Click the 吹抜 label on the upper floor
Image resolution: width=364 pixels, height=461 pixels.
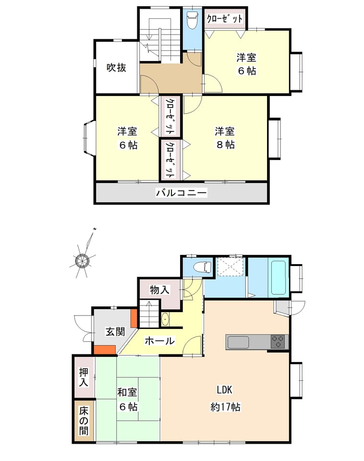[116, 68]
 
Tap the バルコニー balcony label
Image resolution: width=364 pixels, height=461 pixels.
[182, 193]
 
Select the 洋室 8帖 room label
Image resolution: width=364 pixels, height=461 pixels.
[225, 138]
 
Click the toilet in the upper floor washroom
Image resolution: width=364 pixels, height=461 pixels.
[192, 20]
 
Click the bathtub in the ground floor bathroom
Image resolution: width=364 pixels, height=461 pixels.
[279, 277]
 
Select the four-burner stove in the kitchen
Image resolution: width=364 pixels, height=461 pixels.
[278, 342]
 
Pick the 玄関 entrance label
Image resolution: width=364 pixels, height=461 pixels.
[115, 332]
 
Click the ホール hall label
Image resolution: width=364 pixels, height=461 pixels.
[159, 341]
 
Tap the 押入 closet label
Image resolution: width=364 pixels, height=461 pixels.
[84, 377]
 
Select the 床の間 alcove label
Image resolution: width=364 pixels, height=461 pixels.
[84, 421]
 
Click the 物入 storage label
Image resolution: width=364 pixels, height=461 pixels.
[159, 290]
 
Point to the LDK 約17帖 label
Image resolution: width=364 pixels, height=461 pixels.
[225, 399]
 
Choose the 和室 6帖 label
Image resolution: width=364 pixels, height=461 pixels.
[128, 399]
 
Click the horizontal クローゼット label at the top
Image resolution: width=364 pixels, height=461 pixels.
[225, 19]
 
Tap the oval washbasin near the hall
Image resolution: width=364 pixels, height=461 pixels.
[165, 320]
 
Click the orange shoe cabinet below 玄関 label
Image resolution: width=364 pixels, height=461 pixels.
[104, 350]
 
